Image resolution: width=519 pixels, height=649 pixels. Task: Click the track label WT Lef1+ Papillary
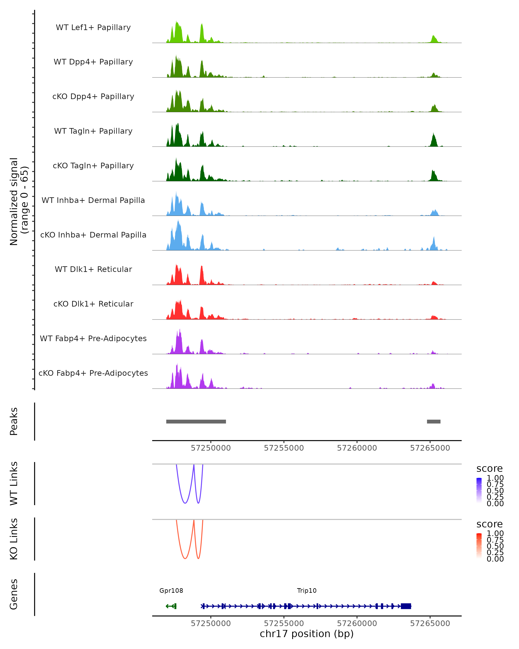pyautogui.click(x=93, y=28)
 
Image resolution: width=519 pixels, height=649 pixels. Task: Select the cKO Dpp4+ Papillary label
pyautogui.click(x=93, y=97)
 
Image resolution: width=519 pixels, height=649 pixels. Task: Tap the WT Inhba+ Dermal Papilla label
pyautogui.click(x=93, y=201)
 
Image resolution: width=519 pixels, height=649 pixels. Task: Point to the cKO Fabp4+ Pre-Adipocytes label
pyautogui.click(x=93, y=373)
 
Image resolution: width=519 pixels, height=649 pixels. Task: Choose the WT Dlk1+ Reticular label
pyautogui.click(x=93, y=269)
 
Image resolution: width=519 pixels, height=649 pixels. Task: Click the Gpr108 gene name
pyautogui.click(x=171, y=591)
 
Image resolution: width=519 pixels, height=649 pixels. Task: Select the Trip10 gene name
pyautogui.click(x=307, y=591)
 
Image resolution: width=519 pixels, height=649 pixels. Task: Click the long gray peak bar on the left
pyautogui.click(x=196, y=421)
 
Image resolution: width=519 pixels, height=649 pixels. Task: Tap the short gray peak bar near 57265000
pyautogui.click(x=434, y=421)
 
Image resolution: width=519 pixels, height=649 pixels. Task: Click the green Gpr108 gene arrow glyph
pyautogui.click(x=171, y=606)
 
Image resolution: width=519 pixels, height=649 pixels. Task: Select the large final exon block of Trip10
pyautogui.click(x=406, y=606)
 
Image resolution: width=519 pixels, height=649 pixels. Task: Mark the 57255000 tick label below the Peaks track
pyautogui.click(x=284, y=448)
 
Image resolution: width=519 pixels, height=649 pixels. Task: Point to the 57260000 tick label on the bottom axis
pyautogui.click(x=357, y=623)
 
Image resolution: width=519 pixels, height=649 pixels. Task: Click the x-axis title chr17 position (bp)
pyautogui.click(x=307, y=634)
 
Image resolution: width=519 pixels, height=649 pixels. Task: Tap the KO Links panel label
pyautogui.click(x=14, y=539)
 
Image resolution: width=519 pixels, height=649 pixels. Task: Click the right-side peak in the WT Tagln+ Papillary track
pyautogui.click(x=434, y=140)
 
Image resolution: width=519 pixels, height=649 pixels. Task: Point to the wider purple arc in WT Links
pyautogui.click(x=185, y=503)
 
